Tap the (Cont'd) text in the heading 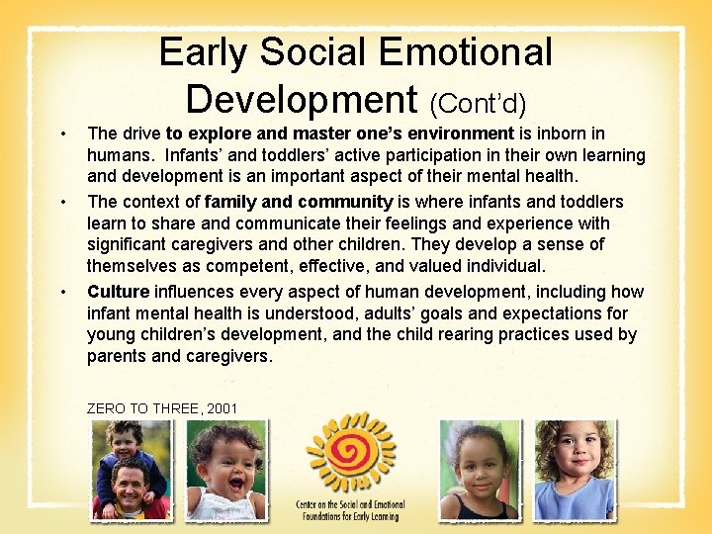click(x=477, y=102)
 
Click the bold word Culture click(x=118, y=292)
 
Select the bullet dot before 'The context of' click(x=62, y=203)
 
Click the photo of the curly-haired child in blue click(x=575, y=470)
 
